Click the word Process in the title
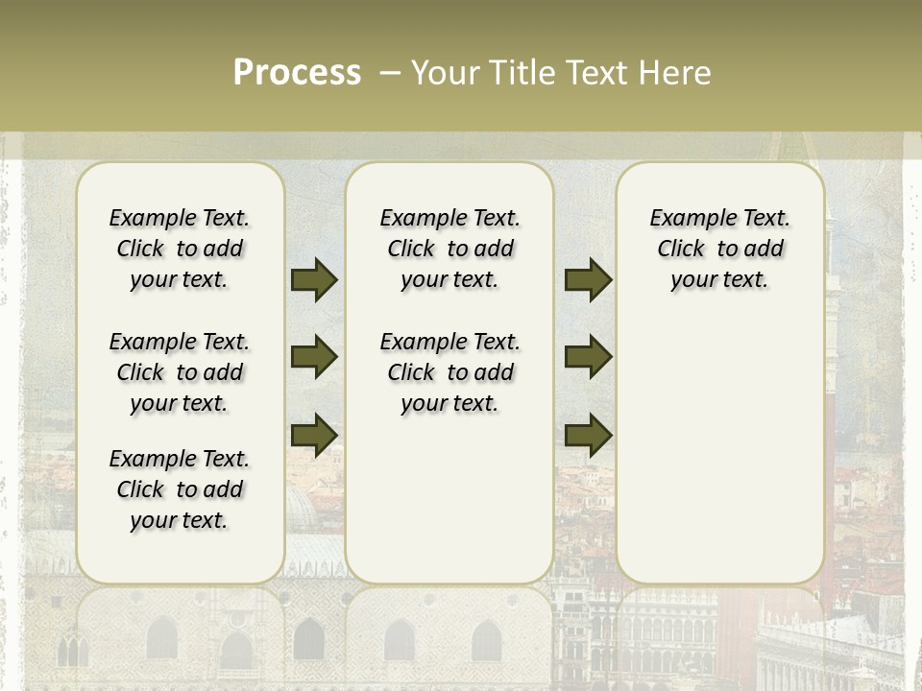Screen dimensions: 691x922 coord(297,72)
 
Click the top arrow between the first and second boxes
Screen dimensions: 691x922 coord(314,279)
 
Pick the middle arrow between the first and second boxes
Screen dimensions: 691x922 coord(314,357)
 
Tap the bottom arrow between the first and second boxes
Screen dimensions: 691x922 coord(314,434)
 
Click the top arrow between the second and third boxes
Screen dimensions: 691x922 coord(588,279)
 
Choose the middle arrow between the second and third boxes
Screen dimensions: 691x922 coord(588,357)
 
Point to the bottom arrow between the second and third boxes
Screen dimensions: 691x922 coord(588,434)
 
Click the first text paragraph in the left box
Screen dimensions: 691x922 coord(180,249)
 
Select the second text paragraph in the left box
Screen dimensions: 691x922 coord(180,372)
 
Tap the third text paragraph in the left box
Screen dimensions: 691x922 coord(180,489)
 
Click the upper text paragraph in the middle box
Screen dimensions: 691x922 coord(449,249)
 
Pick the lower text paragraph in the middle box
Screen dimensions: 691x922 coord(449,372)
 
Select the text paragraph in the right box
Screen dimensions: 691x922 coord(719,249)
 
